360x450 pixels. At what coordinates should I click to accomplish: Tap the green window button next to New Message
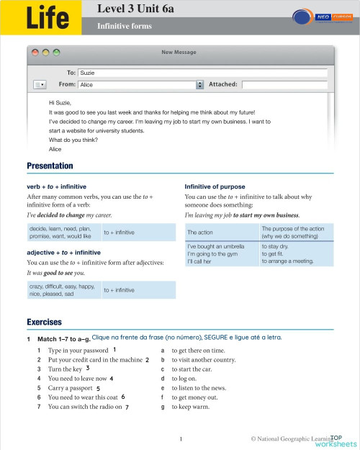pos(57,53)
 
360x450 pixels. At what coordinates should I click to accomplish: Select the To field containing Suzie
pos(202,73)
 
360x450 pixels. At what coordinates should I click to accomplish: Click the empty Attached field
pos(285,84)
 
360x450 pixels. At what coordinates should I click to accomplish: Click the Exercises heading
pos(44,322)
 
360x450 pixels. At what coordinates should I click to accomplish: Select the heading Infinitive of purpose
pos(215,186)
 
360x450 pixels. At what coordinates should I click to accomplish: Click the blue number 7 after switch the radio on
pos(127,407)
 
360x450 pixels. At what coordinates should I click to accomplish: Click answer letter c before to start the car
pos(163,369)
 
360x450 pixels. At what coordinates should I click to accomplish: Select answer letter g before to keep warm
pos(163,407)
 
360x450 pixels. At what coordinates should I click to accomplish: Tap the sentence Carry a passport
pos(71,387)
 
